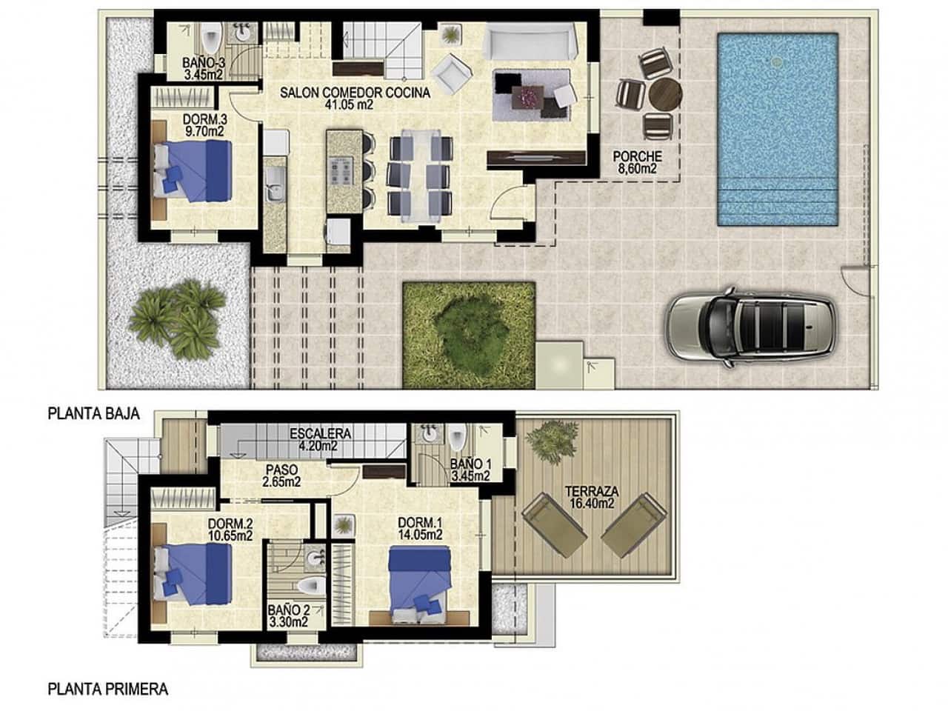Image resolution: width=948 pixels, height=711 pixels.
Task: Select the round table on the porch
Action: pyautogui.click(x=664, y=94)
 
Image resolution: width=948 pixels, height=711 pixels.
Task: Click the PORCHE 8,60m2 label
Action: pyautogui.click(x=636, y=162)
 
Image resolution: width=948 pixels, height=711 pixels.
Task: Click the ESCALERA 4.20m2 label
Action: pyautogui.click(x=320, y=440)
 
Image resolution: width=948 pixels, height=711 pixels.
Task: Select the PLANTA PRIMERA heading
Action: pyautogui.click(x=107, y=690)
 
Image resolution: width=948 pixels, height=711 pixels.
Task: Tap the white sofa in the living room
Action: pyautogui.click(x=529, y=41)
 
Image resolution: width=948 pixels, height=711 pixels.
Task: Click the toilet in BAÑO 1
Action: pyautogui.click(x=456, y=438)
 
